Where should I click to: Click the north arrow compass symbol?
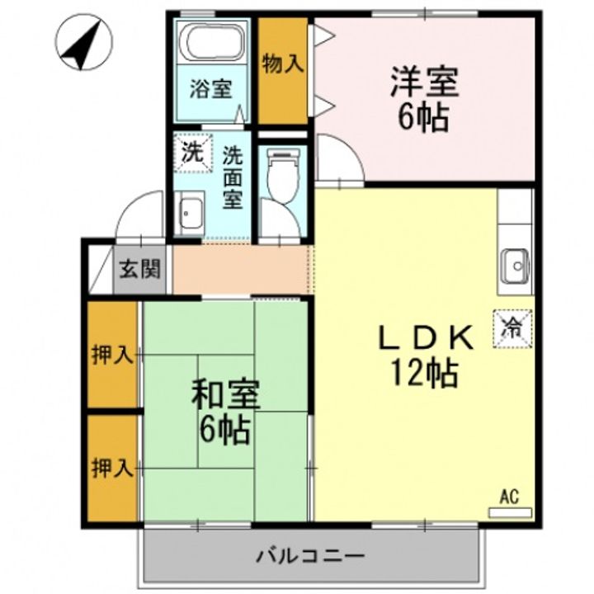point(83,42)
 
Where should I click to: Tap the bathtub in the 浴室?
point(213,41)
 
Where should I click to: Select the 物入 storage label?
point(283,64)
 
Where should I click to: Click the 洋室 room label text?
point(425,81)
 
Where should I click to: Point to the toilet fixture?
point(283,177)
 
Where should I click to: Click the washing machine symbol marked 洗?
point(193,153)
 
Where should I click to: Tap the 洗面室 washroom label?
point(232,177)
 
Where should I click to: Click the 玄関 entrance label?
point(140,269)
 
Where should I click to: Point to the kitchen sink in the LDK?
point(515,266)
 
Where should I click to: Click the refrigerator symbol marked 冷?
point(512,329)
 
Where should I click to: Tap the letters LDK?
point(427,337)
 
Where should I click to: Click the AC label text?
point(510,497)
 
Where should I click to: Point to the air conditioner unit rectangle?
point(511,512)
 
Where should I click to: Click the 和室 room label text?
point(225,394)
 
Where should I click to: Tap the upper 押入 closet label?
point(112,356)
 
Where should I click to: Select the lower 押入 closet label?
point(112,468)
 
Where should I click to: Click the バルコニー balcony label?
point(311,557)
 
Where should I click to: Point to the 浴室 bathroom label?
point(211,89)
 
